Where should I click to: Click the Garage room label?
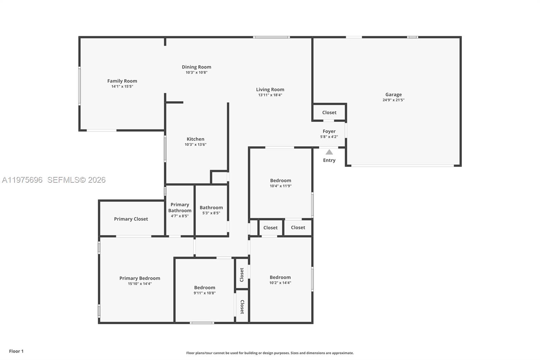pyautogui.click(x=394, y=95)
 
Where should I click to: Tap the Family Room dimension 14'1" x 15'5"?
pyautogui.click(x=122, y=86)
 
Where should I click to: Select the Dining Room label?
pyautogui.click(x=196, y=67)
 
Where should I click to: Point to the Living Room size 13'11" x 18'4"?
pyautogui.click(x=270, y=95)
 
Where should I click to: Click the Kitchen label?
pyautogui.click(x=195, y=139)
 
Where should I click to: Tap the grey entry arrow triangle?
pyautogui.click(x=329, y=152)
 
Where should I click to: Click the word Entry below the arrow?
pyautogui.click(x=329, y=160)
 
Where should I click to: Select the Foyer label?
pyautogui.click(x=329, y=131)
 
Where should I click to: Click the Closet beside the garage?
pyautogui.click(x=329, y=112)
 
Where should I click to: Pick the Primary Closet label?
pyautogui.click(x=131, y=219)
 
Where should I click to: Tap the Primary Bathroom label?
pyautogui.click(x=180, y=207)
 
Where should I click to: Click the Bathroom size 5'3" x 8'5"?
pyautogui.click(x=211, y=213)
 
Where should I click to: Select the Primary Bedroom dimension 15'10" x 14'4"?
pyautogui.click(x=140, y=284)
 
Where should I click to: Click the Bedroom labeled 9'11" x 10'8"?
pyautogui.click(x=205, y=288)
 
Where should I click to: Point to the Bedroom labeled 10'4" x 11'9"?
pyautogui.click(x=280, y=181)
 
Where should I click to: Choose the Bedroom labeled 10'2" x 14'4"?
pyautogui.click(x=280, y=277)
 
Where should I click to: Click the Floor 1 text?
pyautogui.click(x=16, y=351)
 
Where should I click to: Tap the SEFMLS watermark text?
pyautogui.click(x=76, y=180)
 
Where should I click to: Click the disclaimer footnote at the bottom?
pyautogui.click(x=270, y=353)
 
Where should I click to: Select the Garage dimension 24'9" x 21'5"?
pyautogui.click(x=394, y=100)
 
